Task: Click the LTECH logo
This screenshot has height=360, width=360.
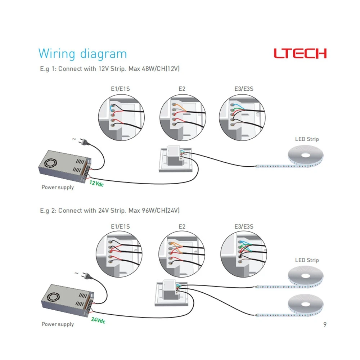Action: click(x=300, y=53)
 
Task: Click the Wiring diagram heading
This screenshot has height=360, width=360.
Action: click(x=82, y=54)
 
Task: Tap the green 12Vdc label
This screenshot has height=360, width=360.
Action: click(x=96, y=183)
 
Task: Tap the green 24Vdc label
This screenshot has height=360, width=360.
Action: click(x=98, y=320)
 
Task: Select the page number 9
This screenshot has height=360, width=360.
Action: click(x=325, y=324)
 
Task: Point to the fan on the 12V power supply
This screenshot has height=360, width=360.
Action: click(x=50, y=163)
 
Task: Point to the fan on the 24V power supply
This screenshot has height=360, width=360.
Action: click(x=54, y=297)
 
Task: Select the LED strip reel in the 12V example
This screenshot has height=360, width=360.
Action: click(x=306, y=155)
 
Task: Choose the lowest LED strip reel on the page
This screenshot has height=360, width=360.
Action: click(x=306, y=305)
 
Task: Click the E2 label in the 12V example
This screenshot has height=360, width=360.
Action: click(x=182, y=89)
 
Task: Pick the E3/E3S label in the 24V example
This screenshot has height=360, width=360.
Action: click(x=244, y=226)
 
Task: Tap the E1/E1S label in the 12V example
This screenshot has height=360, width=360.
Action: click(x=120, y=89)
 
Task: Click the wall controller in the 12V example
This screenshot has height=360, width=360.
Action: click(x=176, y=159)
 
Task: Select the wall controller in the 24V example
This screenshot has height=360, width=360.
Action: click(x=172, y=293)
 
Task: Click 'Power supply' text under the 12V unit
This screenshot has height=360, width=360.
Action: click(x=58, y=187)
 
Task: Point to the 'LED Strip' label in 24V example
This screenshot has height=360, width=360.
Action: click(x=307, y=260)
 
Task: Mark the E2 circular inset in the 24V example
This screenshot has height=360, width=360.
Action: click(x=182, y=254)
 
